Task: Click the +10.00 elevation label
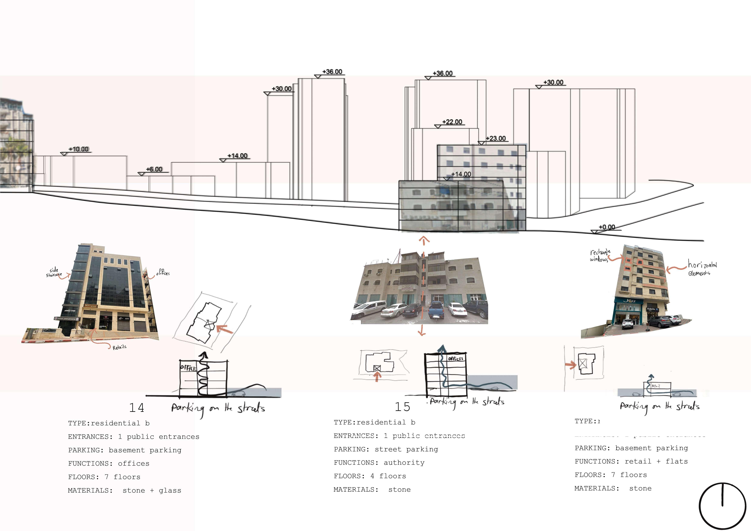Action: click(78, 149)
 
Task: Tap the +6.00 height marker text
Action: click(154, 169)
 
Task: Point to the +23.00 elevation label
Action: click(496, 138)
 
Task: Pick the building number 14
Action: click(137, 408)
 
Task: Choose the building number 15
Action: click(402, 407)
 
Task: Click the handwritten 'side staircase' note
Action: click(54, 272)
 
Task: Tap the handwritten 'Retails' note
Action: click(119, 347)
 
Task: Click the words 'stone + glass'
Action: click(152, 490)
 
